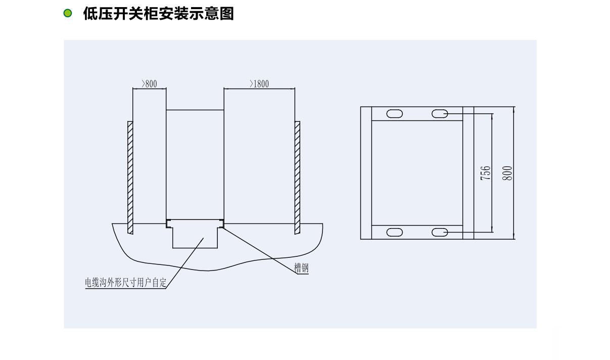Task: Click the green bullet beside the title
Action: (x=68, y=13)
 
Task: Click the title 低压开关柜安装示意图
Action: (x=159, y=14)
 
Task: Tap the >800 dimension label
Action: (x=149, y=83)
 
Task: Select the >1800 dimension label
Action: (x=259, y=83)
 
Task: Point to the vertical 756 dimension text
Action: (x=486, y=173)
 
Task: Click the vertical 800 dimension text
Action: (x=507, y=173)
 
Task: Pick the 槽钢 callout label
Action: (x=301, y=268)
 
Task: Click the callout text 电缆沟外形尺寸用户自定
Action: (x=125, y=283)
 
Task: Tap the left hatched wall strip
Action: (x=130, y=177)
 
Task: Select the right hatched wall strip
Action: (x=297, y=177)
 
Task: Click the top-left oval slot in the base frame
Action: (x=395, y=114)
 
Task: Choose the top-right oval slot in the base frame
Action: (x=440, y=114)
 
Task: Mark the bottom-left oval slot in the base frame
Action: (x=395, y=232)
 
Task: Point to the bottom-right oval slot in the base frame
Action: (x=440, y=232)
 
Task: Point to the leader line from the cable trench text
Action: (x=184, y=263)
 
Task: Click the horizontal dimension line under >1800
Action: (x=259, y=88)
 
